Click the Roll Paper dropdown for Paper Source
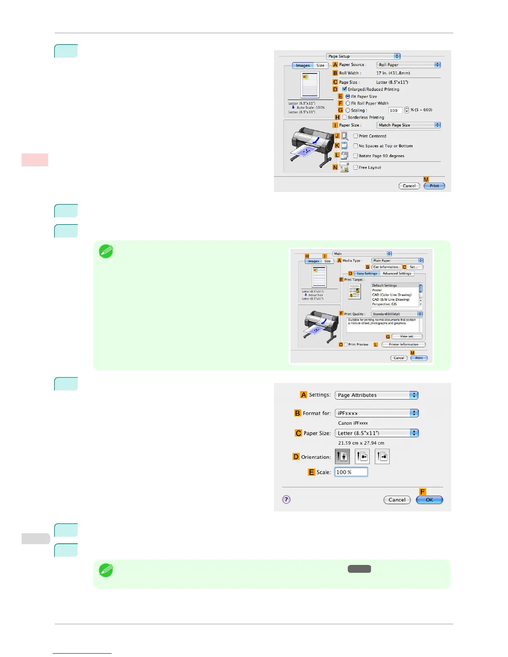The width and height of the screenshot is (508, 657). (x=408, y=65)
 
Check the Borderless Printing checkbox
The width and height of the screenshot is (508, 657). (x=344, y=117)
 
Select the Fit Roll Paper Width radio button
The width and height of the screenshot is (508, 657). (x=348, y=103)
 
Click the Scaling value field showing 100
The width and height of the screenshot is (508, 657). (x=395, y=110)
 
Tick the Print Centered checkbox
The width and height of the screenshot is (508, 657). (x=355, y=136)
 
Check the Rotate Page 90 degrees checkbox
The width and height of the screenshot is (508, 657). (x=355, y=156)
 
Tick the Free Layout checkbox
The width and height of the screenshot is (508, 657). (x=355, y=168)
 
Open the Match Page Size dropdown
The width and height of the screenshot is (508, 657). (x=408, y=125)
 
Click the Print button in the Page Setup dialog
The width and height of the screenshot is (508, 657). (x=434, y=186)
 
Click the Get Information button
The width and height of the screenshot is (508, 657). (x=386, y=267)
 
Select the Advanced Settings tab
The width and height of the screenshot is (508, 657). (x=397, y=274)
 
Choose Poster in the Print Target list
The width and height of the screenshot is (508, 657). (x=377, y=290)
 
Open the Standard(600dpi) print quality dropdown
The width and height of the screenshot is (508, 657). (x=397, y=314)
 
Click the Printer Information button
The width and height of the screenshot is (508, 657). (x=403, y=345)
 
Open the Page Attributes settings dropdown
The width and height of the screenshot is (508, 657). (x=376, y=395)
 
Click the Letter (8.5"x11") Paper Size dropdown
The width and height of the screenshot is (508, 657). (x=376, y=433)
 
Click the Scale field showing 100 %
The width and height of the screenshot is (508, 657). (x=351, y=472)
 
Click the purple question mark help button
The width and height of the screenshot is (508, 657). (x=286, y=499)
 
